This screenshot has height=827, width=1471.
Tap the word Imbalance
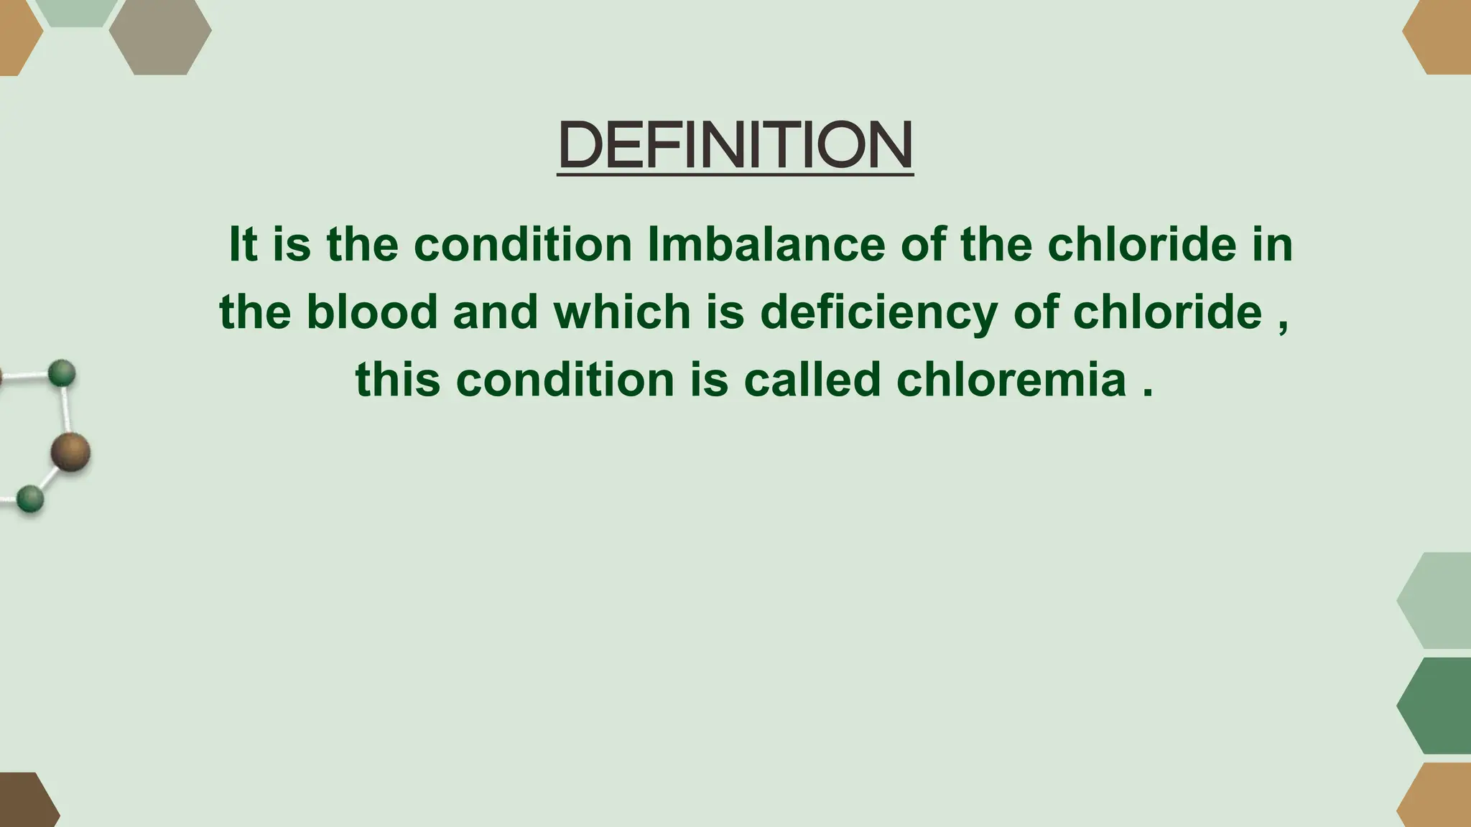pyautogui.click(x=766, y=245)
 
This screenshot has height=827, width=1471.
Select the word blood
pyautogui.click(x=372, y=312)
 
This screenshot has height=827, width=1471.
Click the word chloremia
pyautogui.click(x=1011, y=379)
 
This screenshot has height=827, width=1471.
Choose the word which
pyautogui.click(x=622, y=312)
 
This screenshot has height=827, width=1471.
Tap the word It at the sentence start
pyautogui.click(x=243, y=245)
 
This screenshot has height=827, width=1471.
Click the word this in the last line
pyautogui.click(x=397, y=379)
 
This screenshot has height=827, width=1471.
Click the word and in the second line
pyautogui.click(x=495, y=312)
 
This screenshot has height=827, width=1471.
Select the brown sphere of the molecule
pyautogui.click(x=70, y=452)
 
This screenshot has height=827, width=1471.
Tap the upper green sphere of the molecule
pyautogui.click(x=62, y=373)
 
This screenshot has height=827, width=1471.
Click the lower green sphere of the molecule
pyautogui.click(x=30, y=498)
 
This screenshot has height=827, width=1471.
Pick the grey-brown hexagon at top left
pyautogui.click(x=160, y=37)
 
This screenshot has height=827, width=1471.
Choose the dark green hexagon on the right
pyautogui.click(x=1437, y=706)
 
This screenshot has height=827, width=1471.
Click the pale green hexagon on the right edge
pyautogui.click(x=1437, y=600)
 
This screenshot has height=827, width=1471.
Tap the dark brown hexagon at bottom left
pyautogui.click(x=25, y=801)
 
